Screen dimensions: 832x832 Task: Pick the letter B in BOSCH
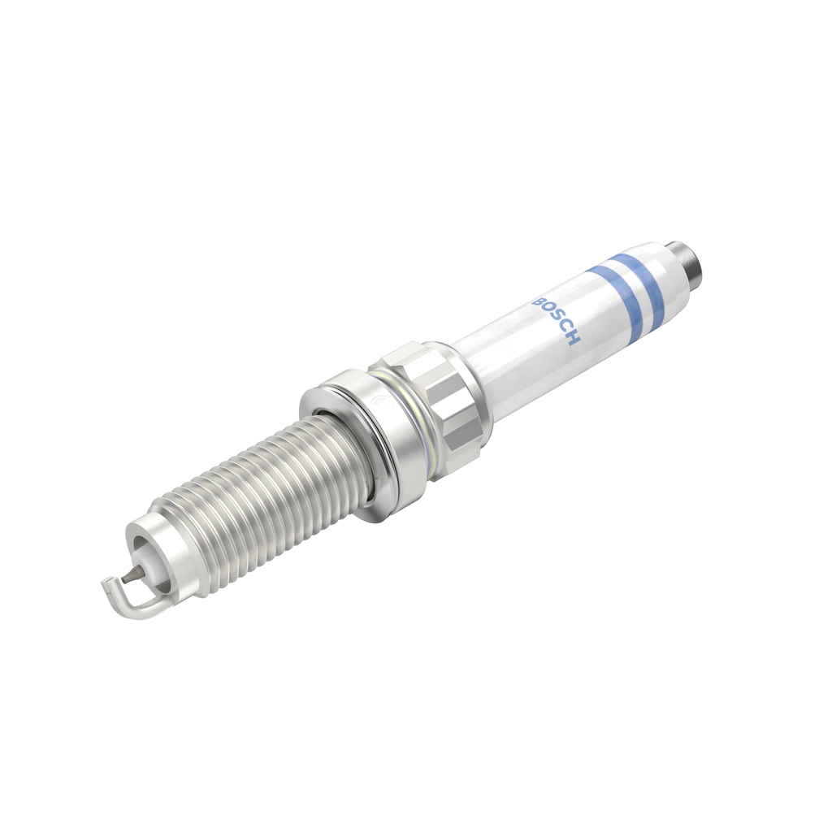coord(536,301)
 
